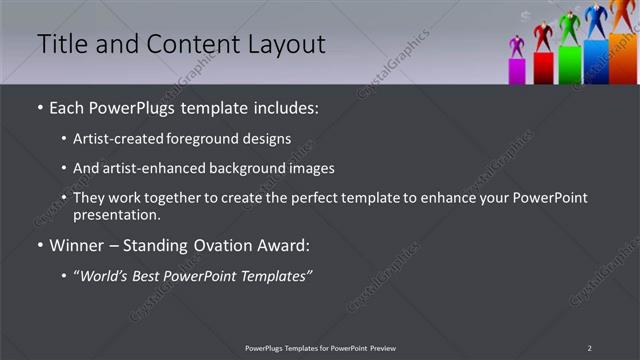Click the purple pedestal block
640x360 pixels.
(517, 71)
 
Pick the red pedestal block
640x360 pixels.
(543, 67)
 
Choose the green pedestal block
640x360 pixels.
(569, 63)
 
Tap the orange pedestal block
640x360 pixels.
(623, 58)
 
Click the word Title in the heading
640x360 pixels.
(60, 44)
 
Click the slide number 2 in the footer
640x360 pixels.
(589, 348)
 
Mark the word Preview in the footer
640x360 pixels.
(382, 348)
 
